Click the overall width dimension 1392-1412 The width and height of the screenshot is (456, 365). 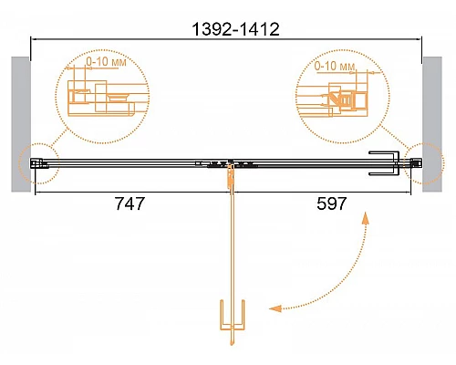pyautogui.click(x=235, y=29)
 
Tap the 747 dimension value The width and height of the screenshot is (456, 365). pyautogui.click(x=130, y=203)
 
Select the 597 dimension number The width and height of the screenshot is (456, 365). pyautogui.click(x=331, y=203)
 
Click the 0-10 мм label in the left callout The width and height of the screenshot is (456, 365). pyautogui.click(x=106, y=61)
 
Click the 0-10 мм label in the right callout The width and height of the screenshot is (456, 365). pyautogui.click(x=335, y=66)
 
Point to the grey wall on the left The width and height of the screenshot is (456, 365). pyautogui.click(x=21, y=124)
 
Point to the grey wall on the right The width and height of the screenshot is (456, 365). pyautogui.click(x=432, y=124)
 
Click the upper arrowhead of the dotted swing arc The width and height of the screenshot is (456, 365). pyautogui.click(x=365, y=218)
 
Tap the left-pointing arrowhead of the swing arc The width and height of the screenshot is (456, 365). pyautogui.click(x=275, y=308)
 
